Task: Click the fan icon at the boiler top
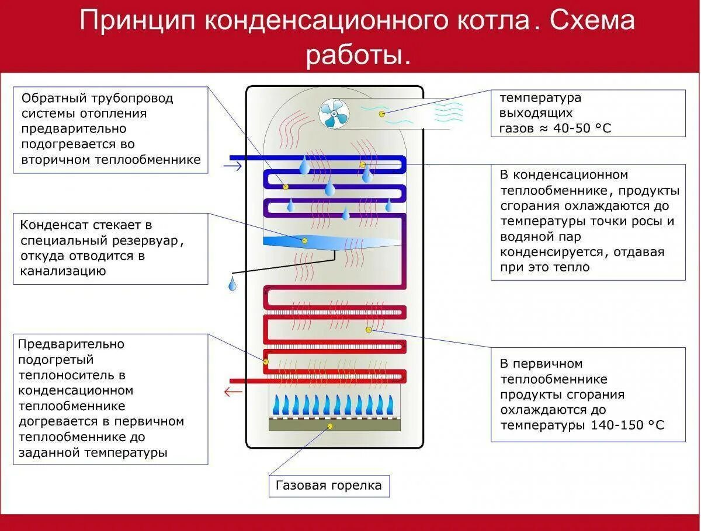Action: pos(334,113)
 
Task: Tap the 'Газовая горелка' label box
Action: pos(329,485)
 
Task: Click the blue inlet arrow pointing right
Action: pos(232,167)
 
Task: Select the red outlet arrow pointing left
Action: pos(233,391)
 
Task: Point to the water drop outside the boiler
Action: pos(232,284)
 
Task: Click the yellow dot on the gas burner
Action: pos(330,427)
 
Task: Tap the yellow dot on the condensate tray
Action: pos(304,240)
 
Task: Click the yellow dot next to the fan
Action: pos(382,113)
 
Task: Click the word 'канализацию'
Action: pos(63,271)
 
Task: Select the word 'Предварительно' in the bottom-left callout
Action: pos(71,344)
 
